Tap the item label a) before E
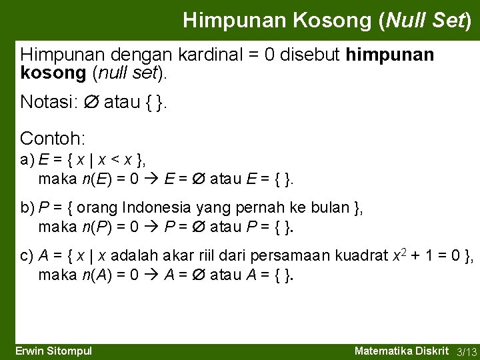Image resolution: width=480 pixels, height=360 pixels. [28, 159]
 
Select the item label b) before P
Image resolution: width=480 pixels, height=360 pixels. [28, 208]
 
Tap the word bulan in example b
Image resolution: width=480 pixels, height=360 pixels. [330, 208]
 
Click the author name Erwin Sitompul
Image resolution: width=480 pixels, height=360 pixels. [53, 351]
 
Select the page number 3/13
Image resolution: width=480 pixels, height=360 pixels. [466, 351]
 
